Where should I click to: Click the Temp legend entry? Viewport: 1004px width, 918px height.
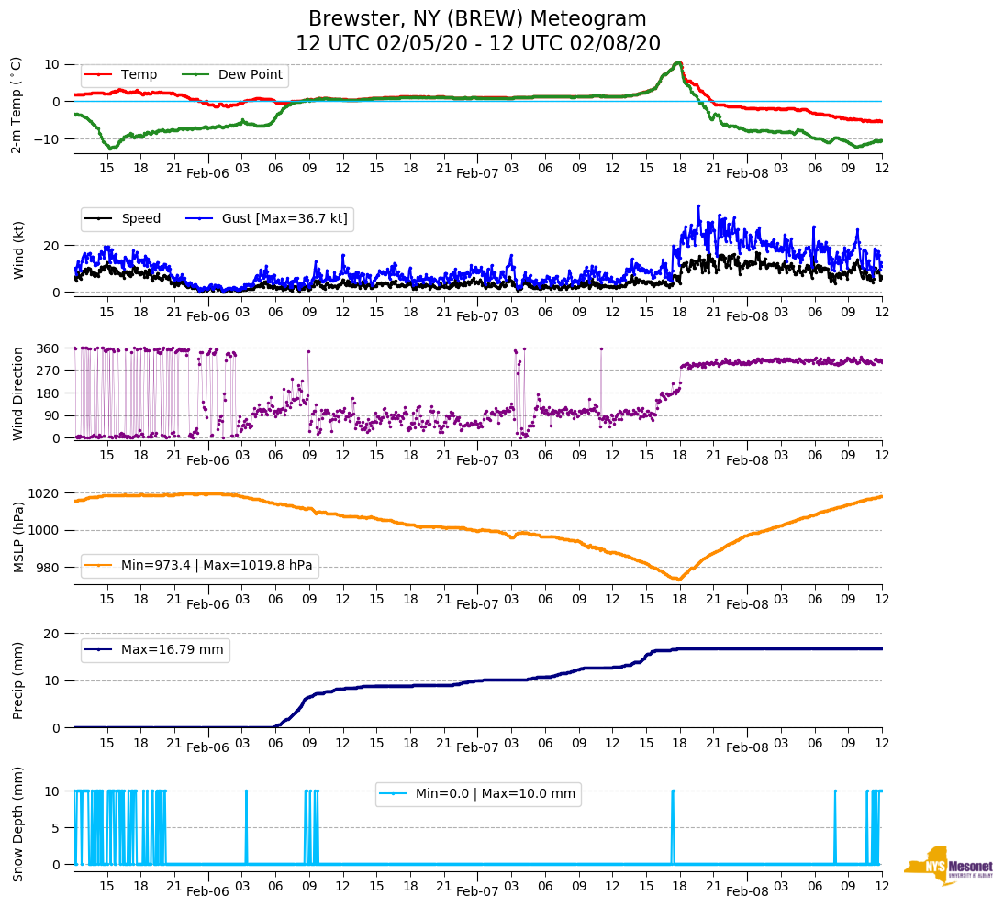[139, 74]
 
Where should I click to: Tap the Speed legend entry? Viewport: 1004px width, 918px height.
[140, 218]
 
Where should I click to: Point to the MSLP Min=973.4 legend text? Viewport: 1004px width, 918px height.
[217, 565]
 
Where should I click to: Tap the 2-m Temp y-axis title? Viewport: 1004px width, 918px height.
[17, 105]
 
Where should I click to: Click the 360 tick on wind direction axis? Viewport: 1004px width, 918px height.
[48, 348]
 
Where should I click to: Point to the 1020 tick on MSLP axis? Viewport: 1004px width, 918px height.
[44, 493]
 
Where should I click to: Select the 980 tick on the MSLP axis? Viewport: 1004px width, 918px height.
[48, 568]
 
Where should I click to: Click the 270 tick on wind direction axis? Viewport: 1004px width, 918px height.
[48, 371]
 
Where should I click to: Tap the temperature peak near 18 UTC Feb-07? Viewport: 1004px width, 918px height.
[678, 62]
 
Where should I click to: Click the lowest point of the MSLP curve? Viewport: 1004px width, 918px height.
[678, 580]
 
